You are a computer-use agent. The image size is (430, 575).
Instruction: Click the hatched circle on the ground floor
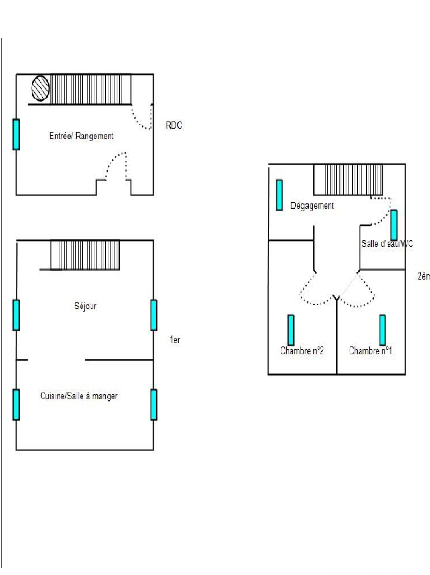tap(40, 88)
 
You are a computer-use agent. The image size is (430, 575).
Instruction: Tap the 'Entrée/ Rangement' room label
tap(81, 136)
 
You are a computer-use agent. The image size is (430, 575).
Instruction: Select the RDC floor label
tap(174, 125)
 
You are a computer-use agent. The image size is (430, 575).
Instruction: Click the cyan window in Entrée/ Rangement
tap(16, 134)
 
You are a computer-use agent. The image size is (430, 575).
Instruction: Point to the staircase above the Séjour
tap(85, 255)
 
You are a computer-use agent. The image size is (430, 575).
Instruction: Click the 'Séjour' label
tap(85, 306)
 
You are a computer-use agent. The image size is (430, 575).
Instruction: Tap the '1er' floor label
tap(175, 340)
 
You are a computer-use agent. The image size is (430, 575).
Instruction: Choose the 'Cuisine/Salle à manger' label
tap(79, 396)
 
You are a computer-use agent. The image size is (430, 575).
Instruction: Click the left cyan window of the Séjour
tap(16, 315)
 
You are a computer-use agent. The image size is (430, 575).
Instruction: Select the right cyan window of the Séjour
tap(154, 315)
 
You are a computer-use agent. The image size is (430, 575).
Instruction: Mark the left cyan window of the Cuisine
tap(16, 405)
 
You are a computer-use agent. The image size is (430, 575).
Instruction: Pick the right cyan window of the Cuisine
tap(154, 405)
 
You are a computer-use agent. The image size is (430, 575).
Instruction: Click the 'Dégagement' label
tap(312, 206)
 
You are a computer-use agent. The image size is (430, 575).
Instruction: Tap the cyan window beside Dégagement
tap(279, 195)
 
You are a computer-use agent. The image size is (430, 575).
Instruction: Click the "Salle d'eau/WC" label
tap(387, 244)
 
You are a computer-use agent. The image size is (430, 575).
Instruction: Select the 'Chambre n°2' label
tap(302, 350)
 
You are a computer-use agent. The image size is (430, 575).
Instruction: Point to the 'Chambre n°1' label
tap(370, 350)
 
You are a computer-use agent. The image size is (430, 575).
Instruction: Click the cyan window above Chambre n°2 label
tap(291, 330)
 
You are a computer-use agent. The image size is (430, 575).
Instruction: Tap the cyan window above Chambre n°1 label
tap(383, 330)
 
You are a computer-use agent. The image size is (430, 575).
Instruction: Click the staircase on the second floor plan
tap(348, 180)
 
